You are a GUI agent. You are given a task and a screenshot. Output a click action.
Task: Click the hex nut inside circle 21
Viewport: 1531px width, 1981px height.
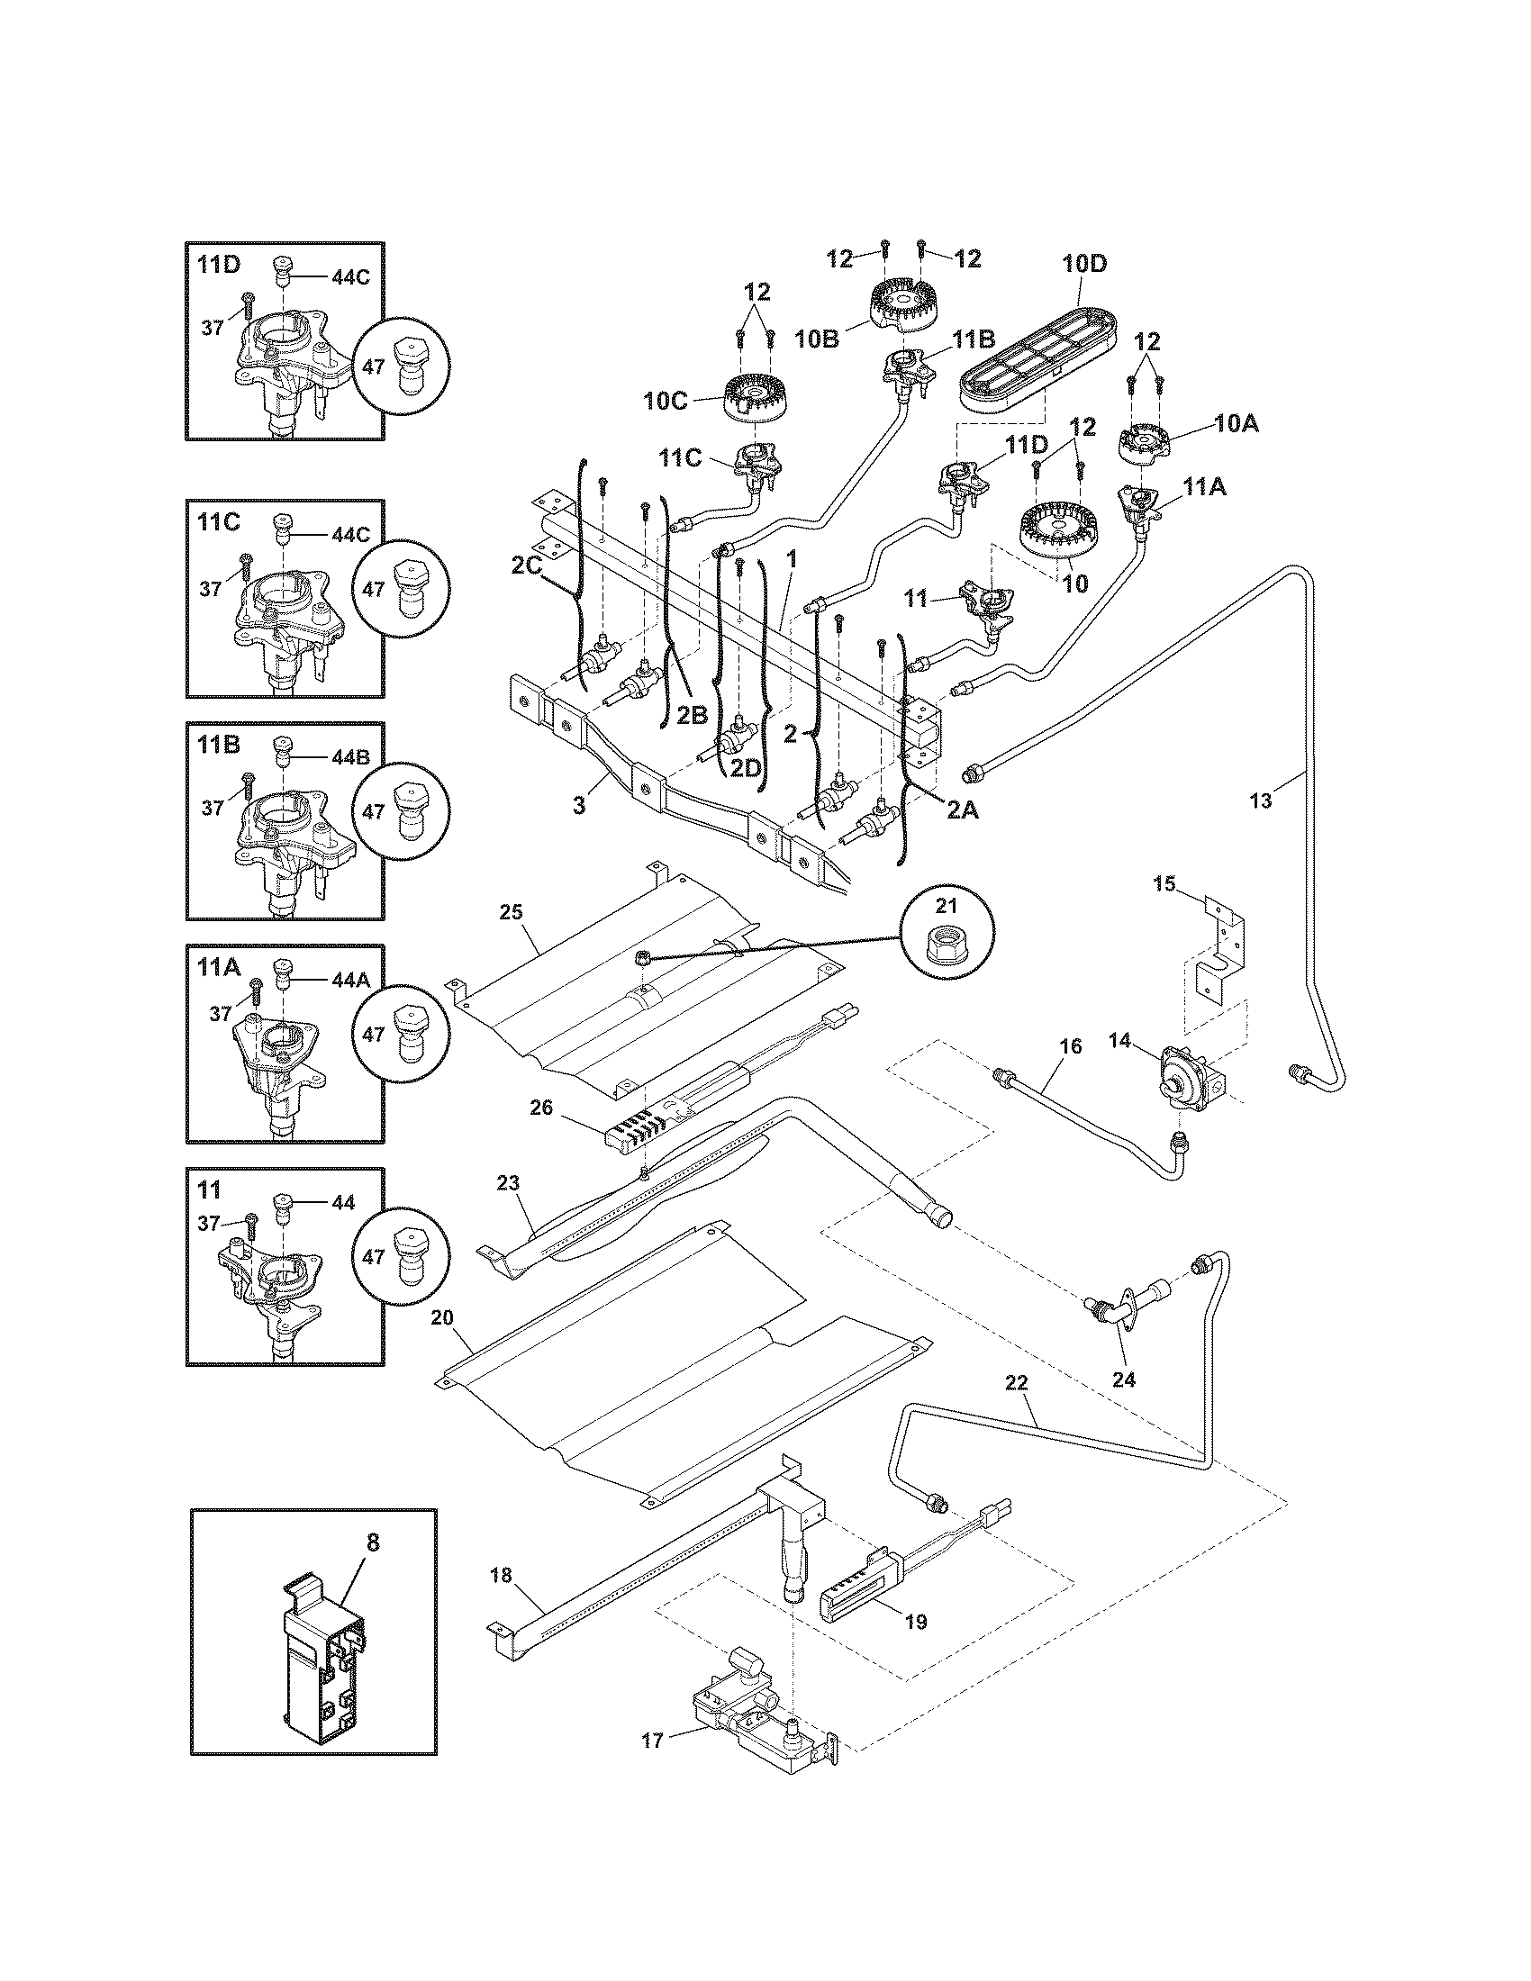pyautogui.click(x=945, y=948)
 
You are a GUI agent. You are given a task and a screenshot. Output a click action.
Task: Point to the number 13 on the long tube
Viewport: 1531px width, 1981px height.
pyautogui.click(x=1261, y=800)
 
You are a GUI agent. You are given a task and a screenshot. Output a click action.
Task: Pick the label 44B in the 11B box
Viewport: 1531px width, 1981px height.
pyautogui.click(x=350, y=756)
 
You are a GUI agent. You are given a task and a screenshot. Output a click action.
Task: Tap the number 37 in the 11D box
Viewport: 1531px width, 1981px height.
pyautogui.click(x=213, y=328)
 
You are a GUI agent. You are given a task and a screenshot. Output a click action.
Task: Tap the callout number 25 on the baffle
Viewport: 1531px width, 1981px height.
pyautogui.click(x=512, y=910)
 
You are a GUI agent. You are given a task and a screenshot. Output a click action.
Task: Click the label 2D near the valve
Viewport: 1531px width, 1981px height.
pyautogui.click(x=746, y=767)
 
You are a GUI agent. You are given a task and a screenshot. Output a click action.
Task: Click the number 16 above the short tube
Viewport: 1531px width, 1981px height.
pyautogui.click(x=1070, y=1046)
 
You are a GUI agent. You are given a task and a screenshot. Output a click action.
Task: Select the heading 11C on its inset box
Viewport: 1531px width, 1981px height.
pyautogui.click(x=219, y=521)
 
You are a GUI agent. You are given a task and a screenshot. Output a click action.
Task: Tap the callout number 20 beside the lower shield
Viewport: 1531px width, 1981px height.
pyautogui.click(x=441, y=1318)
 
